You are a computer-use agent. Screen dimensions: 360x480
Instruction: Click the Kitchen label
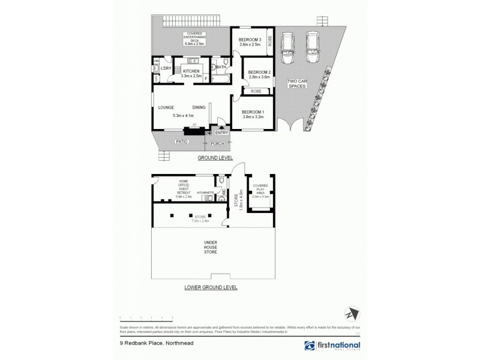point(191,71)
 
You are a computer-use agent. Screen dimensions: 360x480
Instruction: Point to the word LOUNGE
point(166,107)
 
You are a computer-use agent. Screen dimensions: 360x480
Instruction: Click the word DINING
point(199,107)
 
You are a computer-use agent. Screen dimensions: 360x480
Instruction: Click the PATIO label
point(182,142)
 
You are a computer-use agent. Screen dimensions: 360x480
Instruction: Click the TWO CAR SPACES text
point(297,84)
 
